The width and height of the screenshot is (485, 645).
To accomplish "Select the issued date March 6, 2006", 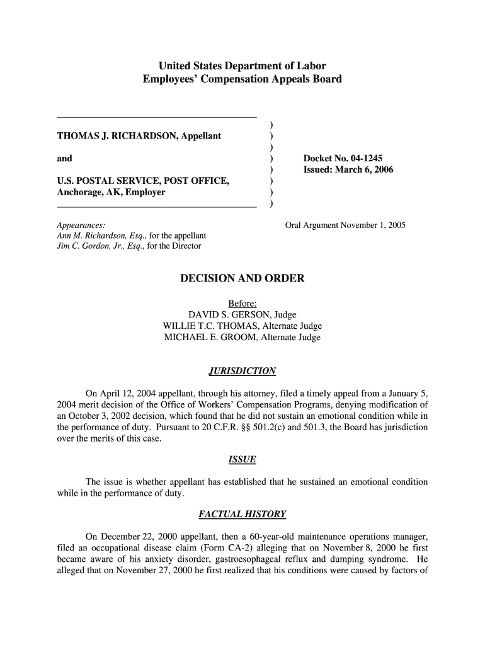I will coord(364,170).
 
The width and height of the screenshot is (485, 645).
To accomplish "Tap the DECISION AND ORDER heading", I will coord(243,278).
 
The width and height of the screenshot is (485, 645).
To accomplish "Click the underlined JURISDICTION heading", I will coord(243,370).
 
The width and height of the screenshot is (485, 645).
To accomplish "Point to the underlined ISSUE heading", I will coord(243,460).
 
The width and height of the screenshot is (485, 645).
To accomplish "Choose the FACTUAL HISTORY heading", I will coord(243,515).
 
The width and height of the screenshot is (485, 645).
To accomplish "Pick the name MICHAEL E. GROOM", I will coord(208,337).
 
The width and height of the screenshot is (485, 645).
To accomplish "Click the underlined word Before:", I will coord(243,303).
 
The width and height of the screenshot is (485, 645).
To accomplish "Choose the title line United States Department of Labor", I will coord(243,66).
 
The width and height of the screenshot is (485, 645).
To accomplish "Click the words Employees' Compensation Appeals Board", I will coord(243,79).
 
